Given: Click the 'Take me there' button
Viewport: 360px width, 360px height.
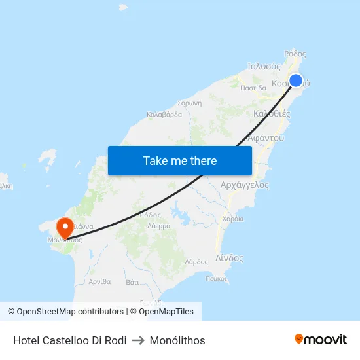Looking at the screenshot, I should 180,160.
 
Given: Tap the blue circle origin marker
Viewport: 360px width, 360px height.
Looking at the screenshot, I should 296,81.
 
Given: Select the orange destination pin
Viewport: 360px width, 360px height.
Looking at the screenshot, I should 65,228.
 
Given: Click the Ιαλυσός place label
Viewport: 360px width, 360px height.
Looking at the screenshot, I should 264,66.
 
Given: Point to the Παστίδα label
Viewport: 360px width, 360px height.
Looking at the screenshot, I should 253,87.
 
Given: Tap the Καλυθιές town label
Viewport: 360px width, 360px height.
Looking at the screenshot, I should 271,113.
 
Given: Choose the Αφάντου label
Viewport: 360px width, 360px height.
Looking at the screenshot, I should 266,138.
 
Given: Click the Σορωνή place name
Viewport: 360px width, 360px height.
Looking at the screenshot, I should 189,103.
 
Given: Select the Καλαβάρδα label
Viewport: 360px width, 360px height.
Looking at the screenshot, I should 164,114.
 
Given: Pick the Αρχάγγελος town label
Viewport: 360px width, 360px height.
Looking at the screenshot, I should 245,185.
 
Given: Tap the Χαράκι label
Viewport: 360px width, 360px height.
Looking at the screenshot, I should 233,219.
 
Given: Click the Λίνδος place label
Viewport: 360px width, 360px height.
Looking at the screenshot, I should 229,258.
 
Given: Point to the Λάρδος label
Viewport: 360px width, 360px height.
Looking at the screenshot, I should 196,261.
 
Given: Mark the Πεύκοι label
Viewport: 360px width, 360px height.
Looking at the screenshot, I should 216,278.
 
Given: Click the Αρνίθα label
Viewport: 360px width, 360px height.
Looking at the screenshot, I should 99,281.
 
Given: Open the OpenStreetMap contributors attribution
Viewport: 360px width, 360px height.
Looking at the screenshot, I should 70,312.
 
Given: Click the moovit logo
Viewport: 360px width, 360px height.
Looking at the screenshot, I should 321,340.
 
